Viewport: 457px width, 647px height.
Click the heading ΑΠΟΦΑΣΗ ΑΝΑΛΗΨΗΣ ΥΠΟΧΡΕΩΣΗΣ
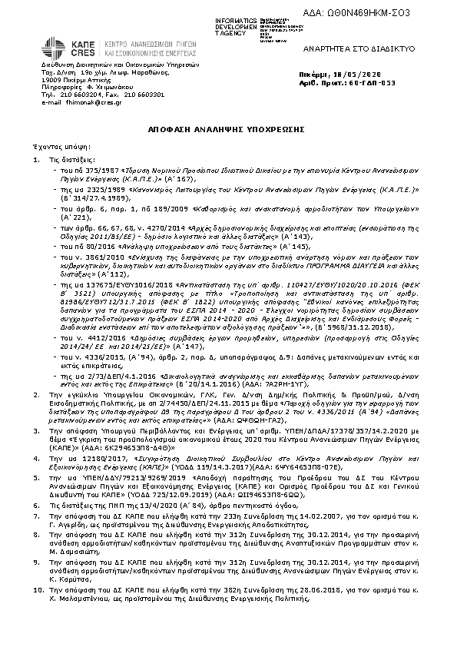point(229,131)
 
